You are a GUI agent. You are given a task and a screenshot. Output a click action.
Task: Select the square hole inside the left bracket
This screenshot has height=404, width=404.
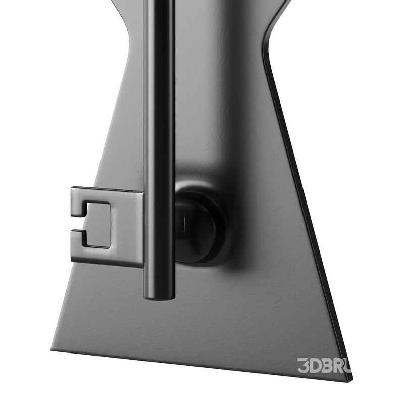98,225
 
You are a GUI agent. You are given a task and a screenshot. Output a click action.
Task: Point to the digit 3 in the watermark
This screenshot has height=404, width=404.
303,365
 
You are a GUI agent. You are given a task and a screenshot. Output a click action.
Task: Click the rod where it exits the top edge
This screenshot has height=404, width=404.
160,2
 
